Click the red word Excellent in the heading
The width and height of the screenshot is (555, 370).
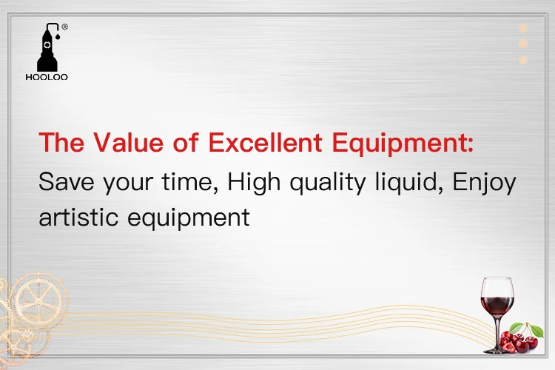265,142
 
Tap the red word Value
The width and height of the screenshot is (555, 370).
129,142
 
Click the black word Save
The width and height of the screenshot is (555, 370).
67,181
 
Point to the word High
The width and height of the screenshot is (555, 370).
254,183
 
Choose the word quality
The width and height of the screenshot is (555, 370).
328,183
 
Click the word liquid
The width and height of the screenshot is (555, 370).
406,183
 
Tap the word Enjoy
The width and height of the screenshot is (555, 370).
485,183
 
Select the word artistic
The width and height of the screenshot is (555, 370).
78,217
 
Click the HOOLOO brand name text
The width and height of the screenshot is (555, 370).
47,77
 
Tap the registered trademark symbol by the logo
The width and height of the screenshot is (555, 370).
65,27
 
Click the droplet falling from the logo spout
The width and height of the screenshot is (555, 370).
57,36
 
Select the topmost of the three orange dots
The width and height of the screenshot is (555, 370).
523,28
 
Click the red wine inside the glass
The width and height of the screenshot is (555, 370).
497,306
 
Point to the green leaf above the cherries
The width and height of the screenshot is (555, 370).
536,331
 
